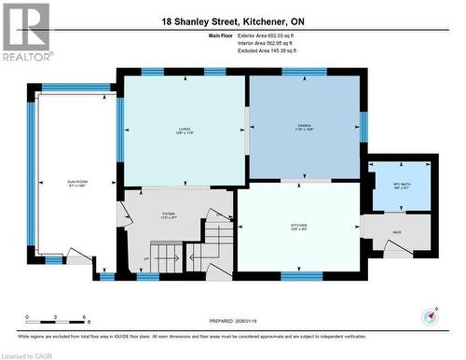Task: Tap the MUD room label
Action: tap(396, 232)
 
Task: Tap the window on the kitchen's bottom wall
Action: tap(301, 276)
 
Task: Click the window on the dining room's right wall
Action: tap(363, 125)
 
